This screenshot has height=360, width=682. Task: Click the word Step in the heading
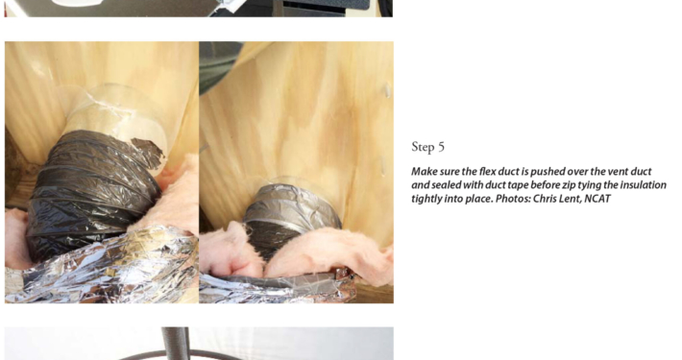click(x=422, y=148)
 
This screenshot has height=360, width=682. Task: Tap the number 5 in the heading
click(x=441, y=147)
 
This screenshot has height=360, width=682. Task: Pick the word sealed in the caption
click(x=447, y=185)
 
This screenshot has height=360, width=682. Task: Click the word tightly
click(x=426, y=200)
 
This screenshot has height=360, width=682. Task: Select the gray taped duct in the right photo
click(x=290, y=217)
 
